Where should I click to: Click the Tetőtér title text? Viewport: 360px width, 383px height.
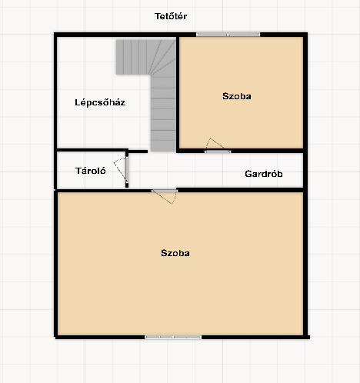(171, 16)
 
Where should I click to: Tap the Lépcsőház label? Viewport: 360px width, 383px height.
(100, 102)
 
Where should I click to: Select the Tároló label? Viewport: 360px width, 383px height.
(91, 171)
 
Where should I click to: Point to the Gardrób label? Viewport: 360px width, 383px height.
(264, 174)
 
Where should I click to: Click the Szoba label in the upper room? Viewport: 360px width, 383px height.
(237, 96)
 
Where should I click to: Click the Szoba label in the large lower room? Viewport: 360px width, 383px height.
(175, 253)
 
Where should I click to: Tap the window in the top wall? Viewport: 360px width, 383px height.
(228, 35)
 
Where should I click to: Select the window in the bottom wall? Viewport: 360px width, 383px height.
(173, 337)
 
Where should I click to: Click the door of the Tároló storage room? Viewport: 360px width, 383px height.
(127, 170)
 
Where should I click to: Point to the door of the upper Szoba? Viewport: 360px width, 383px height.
(218, 152)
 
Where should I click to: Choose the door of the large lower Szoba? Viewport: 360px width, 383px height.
(165, 191)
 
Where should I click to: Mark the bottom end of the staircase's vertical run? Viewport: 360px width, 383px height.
(163, 151)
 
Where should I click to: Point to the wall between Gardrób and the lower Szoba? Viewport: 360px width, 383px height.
(240, 190)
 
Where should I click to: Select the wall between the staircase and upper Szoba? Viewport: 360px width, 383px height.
(178, 94)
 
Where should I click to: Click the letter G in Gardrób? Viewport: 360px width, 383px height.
(248, 174)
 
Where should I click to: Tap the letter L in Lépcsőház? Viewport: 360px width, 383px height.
(77, 102)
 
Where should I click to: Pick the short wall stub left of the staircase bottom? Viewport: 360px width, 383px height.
(138, 152)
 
